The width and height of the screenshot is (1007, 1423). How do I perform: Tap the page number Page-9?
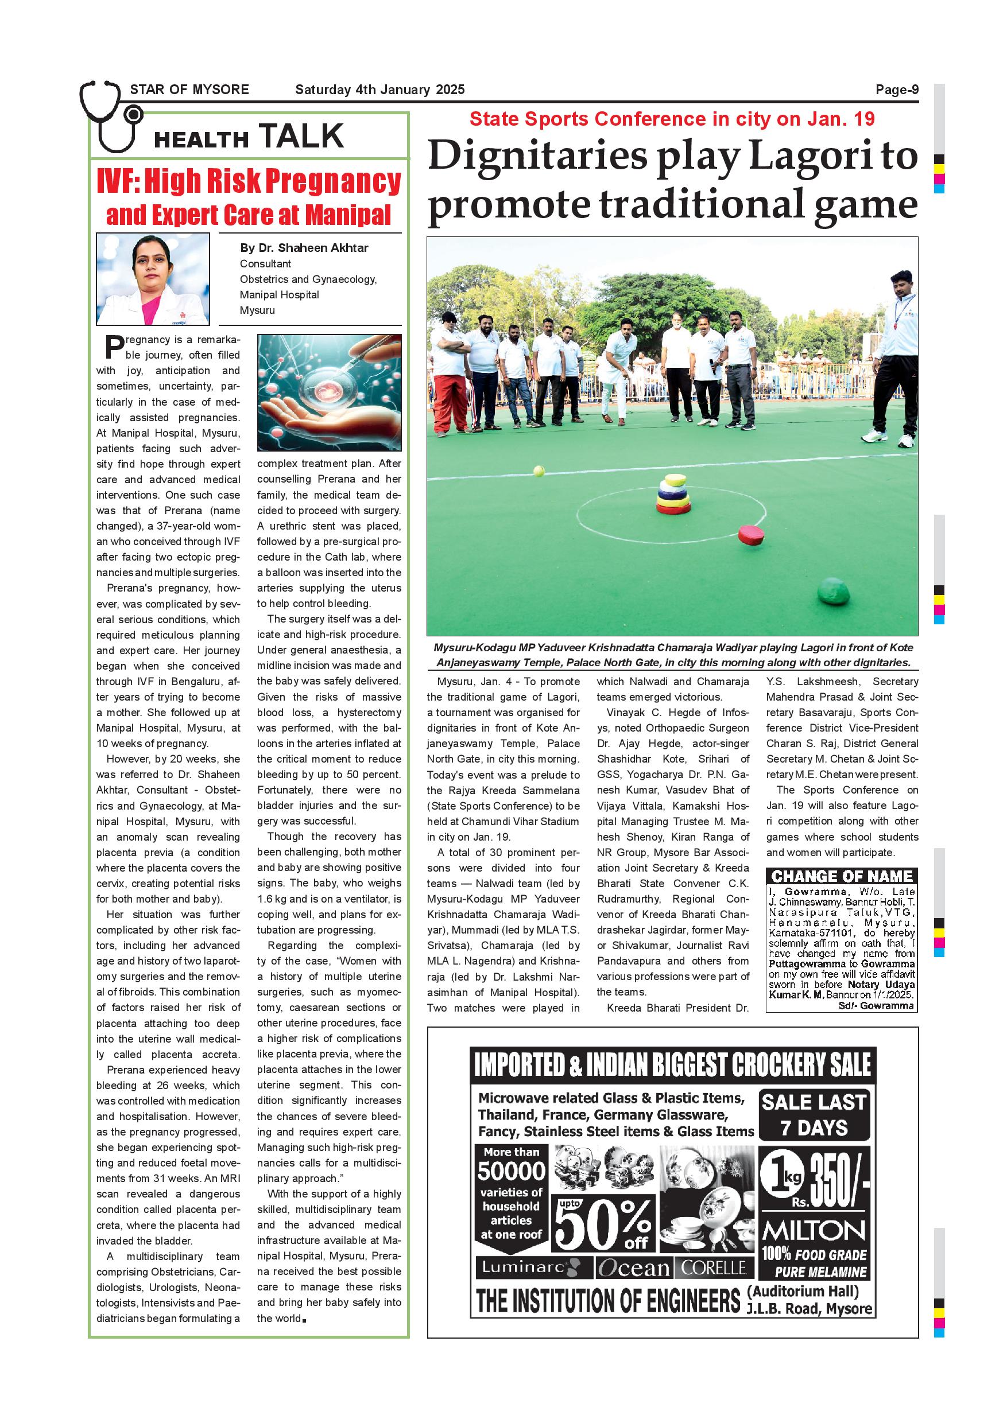point(897,90)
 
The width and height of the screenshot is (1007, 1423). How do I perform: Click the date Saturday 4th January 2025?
point(379,90)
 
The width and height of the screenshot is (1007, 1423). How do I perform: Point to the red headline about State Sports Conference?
point(672,119)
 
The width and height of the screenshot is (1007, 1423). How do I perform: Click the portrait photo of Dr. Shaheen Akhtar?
point(153,279)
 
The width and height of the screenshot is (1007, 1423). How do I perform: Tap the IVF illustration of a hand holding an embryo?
point(330,392)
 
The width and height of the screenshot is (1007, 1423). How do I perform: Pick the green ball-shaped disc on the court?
point(833,590)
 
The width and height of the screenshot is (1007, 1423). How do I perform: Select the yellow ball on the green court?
point(539,471)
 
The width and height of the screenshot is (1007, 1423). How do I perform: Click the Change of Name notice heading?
point(842,876)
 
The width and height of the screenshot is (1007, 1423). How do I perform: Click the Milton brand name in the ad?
point(814,1231)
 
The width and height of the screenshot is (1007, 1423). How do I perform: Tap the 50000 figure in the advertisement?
point(511,1171)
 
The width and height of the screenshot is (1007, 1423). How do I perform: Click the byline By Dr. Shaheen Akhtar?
point(304,248)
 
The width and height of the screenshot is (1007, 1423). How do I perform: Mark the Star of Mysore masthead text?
point(189,90)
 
